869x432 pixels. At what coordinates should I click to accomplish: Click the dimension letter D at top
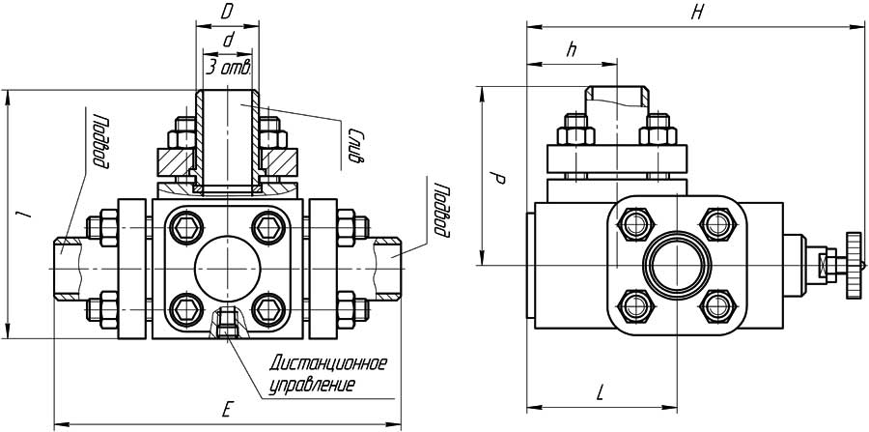pyautogui.click(x=226, y=12)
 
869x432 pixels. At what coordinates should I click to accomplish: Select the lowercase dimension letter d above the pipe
pyautogui.click(x=227, y=40)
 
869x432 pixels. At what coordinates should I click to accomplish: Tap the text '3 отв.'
pyautogui.click(x=229, y=68)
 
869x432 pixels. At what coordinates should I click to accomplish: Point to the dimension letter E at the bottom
pyautogui.click(x=226, y=410)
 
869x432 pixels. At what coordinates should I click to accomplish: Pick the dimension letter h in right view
pyautogui.click(x=572, y=52)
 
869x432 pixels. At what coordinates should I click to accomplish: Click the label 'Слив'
pyautogui.click(x=355, y=146)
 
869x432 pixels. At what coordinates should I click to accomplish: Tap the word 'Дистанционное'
pyautogui.click(x=328, y=364)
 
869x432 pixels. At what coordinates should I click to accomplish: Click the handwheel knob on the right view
pyautogui.click(x=853, y=264)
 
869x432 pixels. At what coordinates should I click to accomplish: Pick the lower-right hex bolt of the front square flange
pyautogui.click(x=266, y=309)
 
